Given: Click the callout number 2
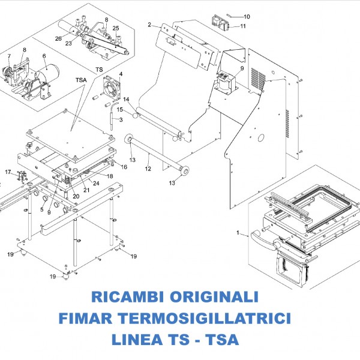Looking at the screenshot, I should tap(149, 25).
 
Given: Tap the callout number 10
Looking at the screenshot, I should tap(247, 16).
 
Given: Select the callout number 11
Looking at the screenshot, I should tap(242, 26).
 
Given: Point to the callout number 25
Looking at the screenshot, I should tap(116, 28).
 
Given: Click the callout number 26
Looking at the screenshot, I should tap(58, 38).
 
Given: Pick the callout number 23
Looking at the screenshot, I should tap(69, 43).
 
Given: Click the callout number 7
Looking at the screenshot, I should tap(10, 56).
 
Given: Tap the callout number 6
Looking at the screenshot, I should tap(44, 56).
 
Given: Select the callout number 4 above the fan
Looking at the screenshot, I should tap(121, 74).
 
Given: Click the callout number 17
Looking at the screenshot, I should tap(8, 172).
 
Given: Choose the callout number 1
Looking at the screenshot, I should tap(238, 232).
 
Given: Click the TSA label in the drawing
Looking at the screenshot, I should tap(81, 80).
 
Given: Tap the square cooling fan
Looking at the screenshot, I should tap(113, 88).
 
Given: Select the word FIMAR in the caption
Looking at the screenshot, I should tap(113, 317).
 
